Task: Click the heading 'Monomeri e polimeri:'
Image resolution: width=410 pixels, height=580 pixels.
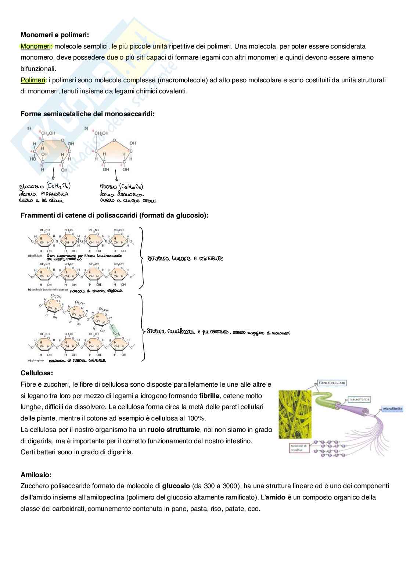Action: click(55, 35)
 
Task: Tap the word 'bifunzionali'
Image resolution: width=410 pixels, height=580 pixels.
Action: click(38, 69)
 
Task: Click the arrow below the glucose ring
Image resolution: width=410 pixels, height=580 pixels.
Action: click(54, 173)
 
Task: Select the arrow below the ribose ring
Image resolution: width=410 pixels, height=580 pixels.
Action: click(116, 174)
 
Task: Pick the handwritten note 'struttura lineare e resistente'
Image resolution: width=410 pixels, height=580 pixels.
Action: click(185, 258)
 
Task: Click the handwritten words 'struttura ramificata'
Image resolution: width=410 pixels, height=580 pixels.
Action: click(170, 331)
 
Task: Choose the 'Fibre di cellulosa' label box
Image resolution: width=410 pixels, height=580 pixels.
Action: click(332, 383)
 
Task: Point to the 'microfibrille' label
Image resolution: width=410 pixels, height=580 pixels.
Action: click(392, 408)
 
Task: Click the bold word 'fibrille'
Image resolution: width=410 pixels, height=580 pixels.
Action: click(209, 396)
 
